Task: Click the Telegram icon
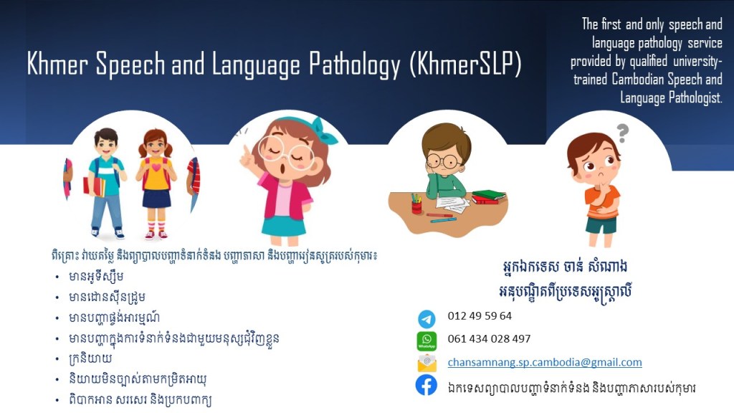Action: click(426, 319)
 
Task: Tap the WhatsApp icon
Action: click(426, 341)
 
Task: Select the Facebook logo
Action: click(426, 385)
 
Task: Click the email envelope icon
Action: click(426, 364)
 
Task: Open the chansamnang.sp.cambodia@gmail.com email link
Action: click(545, 362)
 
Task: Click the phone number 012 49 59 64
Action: click(480, 315)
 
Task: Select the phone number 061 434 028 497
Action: click(489, 338)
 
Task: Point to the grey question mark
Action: click(622, 133)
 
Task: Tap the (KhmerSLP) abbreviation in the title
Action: click(465, 64)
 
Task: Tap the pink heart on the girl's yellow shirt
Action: click(156, 167)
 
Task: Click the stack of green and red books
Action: click(488, 196)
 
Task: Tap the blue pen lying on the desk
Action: click(443, 219)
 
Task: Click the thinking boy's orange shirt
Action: click(603, 201)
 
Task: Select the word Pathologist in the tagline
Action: click(695, 98)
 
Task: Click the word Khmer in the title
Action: click(57, 63)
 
